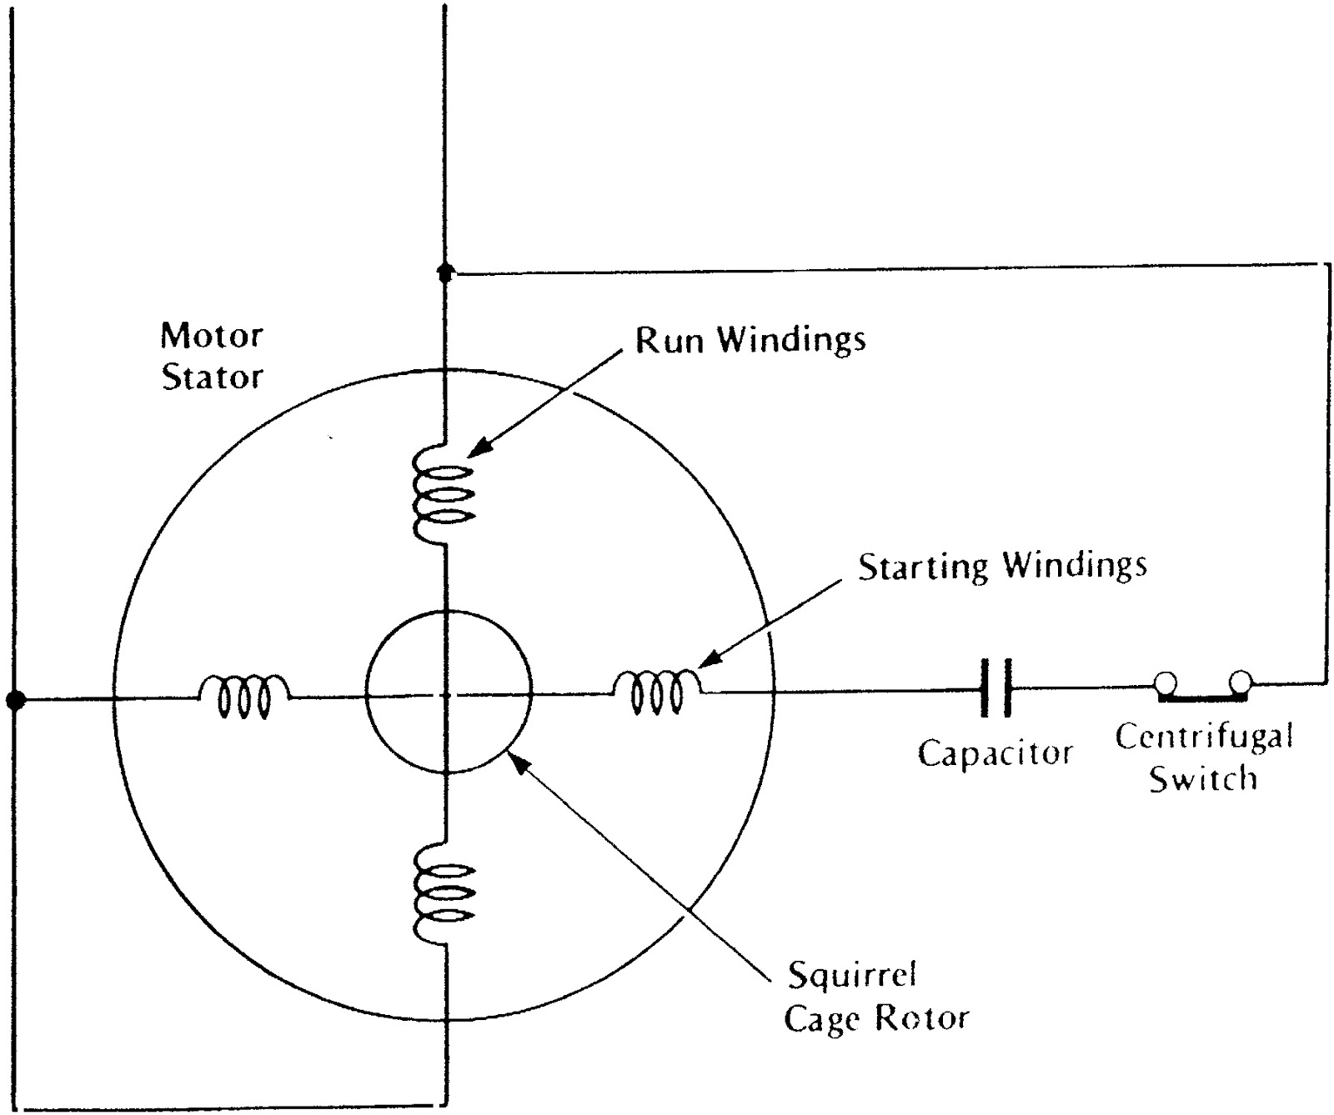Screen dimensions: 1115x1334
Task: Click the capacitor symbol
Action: (x=996, y=687)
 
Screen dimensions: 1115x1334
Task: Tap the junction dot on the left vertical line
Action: (x=14, y=699)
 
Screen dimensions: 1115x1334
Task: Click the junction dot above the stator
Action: (x=445, y=272)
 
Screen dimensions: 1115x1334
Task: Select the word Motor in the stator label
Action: (x=212, y=336)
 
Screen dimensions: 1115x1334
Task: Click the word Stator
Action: (x=212, y=377)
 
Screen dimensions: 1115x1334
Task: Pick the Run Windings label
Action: (x=750, y=339)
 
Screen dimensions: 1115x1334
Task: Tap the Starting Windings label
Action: (x=1002, y=566)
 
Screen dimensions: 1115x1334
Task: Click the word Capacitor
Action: (x=995, y=752)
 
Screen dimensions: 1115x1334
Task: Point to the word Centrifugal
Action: (x=1204, y=737)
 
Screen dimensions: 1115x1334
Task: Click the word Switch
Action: (x=1202, y=779)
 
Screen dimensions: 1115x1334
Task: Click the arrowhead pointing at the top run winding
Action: (x=475, y=450)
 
